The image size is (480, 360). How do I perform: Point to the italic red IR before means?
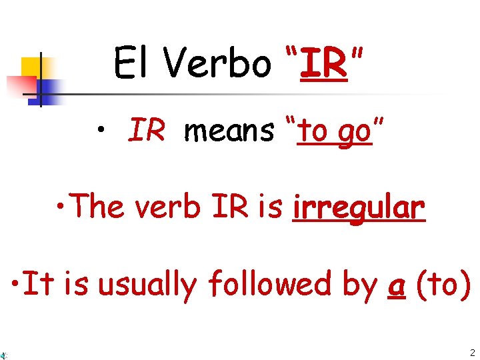[x=147, y=131]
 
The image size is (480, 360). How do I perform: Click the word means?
[x=229, y=131]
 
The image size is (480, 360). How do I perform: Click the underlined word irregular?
[x=358, y=207]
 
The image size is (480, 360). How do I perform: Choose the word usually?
[x=147, y=285]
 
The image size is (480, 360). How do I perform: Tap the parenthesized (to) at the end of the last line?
[x=443, y=285]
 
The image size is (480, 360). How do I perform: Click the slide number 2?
[x=472, y=353]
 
